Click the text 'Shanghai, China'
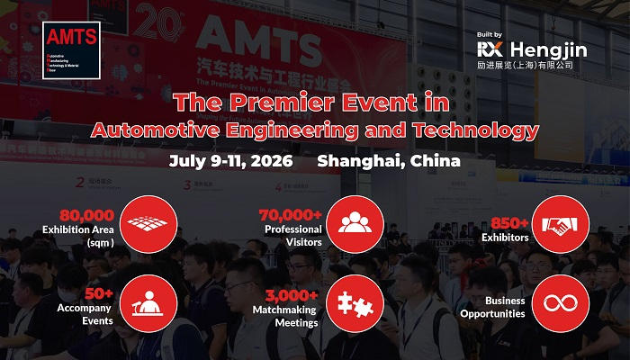(389, 162)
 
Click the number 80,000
(86, 215)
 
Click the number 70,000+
(290, 215)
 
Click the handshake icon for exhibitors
(561, 223)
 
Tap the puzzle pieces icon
(353, 301)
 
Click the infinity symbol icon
(561, 301)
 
